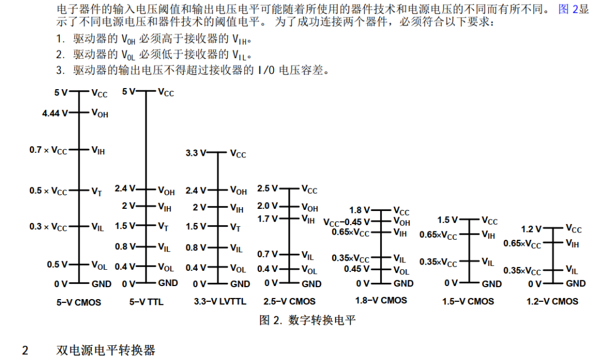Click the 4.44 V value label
55,113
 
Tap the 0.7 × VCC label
48,151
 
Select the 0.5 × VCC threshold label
48,191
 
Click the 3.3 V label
196,153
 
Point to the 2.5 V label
267,188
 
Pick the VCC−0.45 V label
346,222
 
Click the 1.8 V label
359,210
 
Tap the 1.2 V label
531,229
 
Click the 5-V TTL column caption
146,302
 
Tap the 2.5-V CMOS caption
289,302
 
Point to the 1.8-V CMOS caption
381,300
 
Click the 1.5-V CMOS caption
469,301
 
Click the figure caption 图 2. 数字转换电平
307,321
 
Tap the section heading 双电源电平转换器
106,350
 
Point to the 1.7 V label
267,218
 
